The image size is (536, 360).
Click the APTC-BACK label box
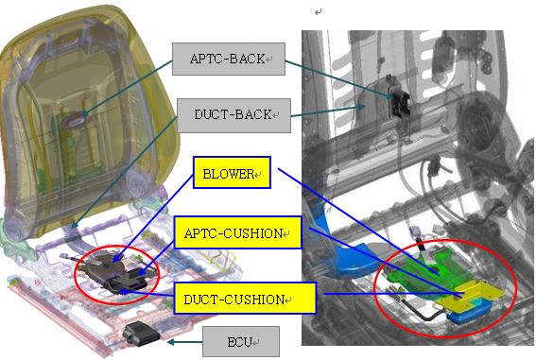coord(229,59)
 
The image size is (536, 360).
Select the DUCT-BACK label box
coord(233,115)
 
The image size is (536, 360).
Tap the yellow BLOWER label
coord(232,173)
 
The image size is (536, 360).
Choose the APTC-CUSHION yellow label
coord(237,232)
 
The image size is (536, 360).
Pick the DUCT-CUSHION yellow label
coord(245,298)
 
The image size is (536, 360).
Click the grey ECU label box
coord(241,341)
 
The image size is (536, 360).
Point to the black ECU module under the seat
coord(141,333)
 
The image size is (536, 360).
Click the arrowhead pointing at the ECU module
coord(170,341)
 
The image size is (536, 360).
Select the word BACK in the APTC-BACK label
coord(247,59)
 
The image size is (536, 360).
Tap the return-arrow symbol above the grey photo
coord(319,12)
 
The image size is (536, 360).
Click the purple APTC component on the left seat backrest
coord(77,120)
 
